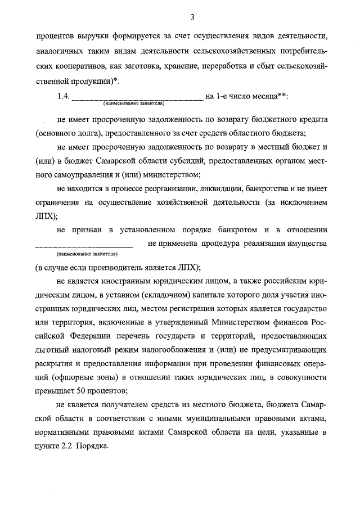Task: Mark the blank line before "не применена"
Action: (84, 245)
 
